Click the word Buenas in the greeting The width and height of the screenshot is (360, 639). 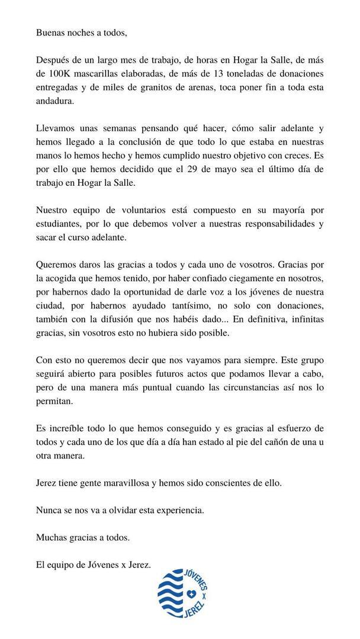[50, 33]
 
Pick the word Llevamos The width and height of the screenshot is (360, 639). [56, 128]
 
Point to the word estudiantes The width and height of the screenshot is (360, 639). [62, 223]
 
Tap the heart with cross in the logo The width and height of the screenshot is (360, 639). [191, 594]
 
